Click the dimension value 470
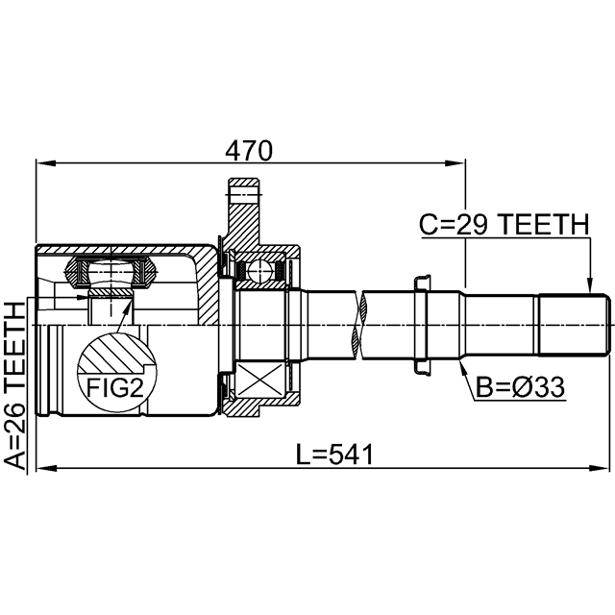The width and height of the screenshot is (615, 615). (249, 151)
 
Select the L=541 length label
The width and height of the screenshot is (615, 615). (335, 455)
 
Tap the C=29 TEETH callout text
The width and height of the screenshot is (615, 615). (504, 224)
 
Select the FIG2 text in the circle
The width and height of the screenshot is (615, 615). (115, 387)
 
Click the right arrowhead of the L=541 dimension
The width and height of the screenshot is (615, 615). (599, 468)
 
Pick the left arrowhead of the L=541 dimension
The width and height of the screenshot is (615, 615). (46, 468)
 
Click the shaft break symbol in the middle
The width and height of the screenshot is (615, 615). (359, 325)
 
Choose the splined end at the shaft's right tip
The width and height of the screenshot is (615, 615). (575, 325)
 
